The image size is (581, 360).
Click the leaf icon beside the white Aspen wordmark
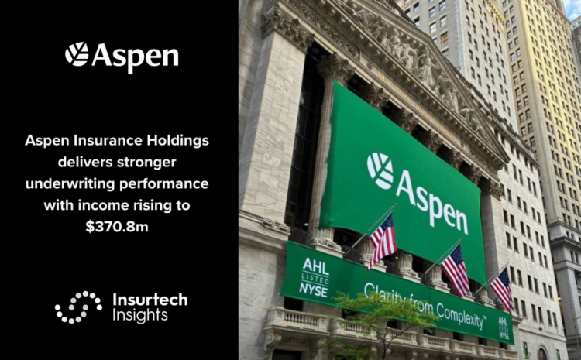coord(77,54)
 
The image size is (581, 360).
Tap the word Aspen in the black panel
coord(135,57)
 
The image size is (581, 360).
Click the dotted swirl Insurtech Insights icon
coord(78,307)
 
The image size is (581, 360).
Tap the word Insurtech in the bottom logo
coord(150,299)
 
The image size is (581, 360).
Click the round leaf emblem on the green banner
coord(380,170)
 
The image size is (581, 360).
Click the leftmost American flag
coord(383,239)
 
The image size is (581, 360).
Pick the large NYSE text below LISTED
coord(314,290)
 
